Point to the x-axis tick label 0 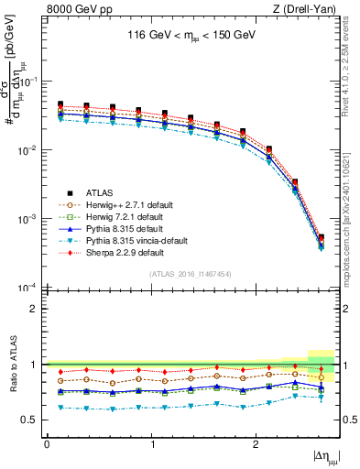[47, 442]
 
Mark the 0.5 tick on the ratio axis [33, 420]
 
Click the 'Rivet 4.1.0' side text [351, 64]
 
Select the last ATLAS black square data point [321, 238]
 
